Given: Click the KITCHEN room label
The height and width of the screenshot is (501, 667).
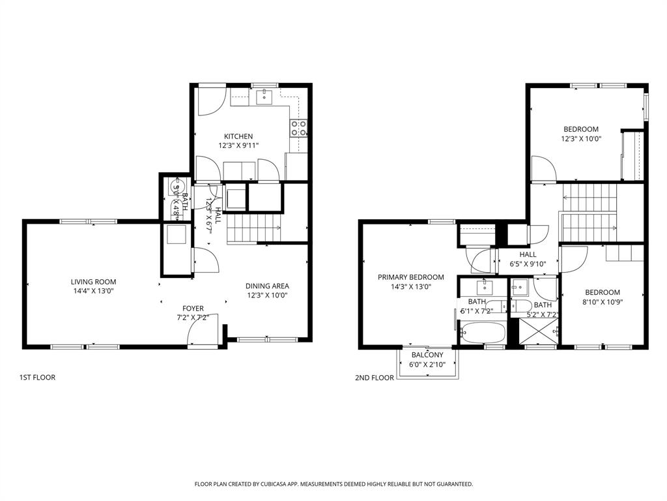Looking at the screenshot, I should click(238, 136).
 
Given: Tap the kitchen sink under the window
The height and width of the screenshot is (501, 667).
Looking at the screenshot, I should click(264, 98).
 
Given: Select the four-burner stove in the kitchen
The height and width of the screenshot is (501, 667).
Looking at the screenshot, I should click(299, 128).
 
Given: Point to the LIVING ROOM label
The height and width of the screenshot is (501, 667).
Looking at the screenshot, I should click(93, 282).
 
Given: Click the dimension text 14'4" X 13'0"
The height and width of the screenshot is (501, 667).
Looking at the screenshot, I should click(93, 292).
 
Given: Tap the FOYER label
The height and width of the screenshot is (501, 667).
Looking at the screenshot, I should click(193, 309).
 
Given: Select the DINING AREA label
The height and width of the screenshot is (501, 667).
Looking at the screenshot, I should click(267, 286).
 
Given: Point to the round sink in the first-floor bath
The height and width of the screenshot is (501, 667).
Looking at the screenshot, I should click(175, 190).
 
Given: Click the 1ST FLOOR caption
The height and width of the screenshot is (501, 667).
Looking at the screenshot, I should click(37, 377).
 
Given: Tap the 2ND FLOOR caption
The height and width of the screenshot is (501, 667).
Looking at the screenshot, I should click(375, 378).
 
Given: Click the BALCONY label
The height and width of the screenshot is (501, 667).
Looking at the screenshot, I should click(427, 355).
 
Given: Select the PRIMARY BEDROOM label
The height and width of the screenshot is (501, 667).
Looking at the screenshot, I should click(411, 277).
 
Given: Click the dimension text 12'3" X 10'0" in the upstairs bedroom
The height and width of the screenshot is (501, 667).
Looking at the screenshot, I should click(580, 139).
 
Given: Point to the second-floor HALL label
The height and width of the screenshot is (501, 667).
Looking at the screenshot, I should click(528, 254).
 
